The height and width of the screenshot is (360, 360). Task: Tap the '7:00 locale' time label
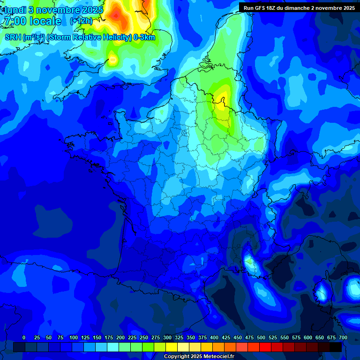tap(33, 22)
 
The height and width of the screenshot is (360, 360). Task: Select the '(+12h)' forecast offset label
tap(81, 21)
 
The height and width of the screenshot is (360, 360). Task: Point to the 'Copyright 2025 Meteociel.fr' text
tap(199, 357)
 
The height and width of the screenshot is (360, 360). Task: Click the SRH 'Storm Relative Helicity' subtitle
tap(80, 37)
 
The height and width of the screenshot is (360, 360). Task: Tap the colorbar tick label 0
tap(24, 337)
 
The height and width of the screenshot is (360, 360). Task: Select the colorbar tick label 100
tap(74, 337)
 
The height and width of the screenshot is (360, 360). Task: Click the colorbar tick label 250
tap(144, 337)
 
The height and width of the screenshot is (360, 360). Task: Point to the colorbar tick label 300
tap(167, 337)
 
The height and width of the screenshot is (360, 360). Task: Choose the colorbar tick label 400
tap(214, 337)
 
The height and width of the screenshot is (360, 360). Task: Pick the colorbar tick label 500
tap(261, 337)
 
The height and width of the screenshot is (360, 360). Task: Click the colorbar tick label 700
tap(343, 337)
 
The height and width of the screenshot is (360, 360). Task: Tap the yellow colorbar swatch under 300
tap(172, 347)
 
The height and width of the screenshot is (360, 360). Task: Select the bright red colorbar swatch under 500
tap(265, 347)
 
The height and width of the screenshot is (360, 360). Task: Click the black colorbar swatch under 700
tap(336, 347)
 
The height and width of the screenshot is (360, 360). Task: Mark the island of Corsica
tap(321, 293)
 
